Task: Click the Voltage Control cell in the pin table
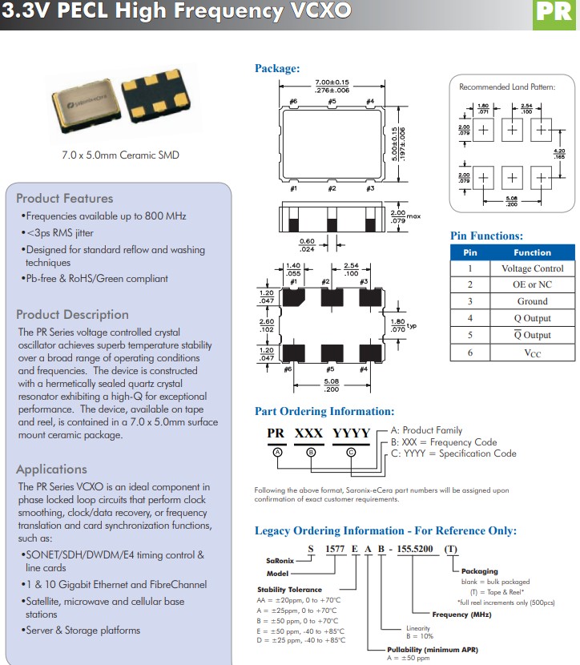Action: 532,268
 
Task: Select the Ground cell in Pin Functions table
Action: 532,301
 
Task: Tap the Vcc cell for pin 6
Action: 532,353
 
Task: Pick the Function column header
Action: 532,252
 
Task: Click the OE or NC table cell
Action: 532,284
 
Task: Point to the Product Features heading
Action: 65,198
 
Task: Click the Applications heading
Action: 51,469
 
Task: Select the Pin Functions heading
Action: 486,236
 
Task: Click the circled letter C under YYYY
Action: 351,452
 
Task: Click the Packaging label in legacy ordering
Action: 480,571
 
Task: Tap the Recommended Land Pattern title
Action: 506,87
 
